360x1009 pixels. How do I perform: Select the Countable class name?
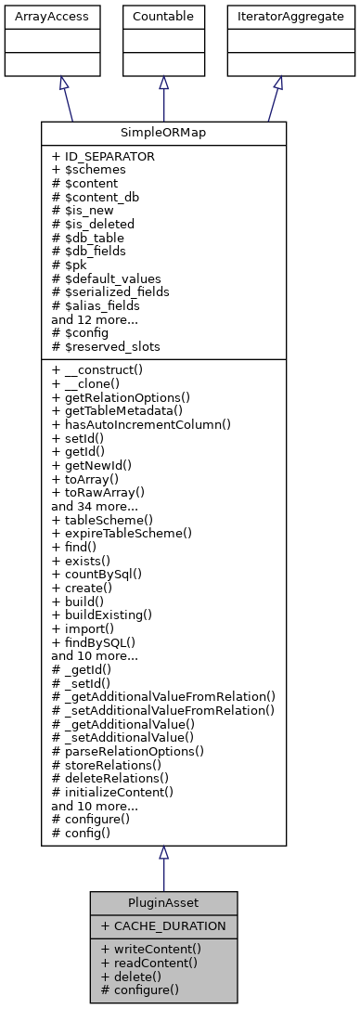point(163,17)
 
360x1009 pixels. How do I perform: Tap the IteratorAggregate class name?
point(277,17)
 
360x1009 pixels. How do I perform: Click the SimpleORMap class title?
point(163,132)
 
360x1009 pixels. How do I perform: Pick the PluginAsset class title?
point(163,903)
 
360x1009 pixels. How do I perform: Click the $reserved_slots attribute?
point(105,346)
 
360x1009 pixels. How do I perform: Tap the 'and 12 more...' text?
point(95,318)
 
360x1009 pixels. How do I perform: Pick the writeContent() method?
point(150,949)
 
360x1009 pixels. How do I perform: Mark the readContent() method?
point(148,963)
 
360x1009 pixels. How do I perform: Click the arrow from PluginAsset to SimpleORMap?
point(163,873)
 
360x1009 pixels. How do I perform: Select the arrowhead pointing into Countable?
point(163,83)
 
